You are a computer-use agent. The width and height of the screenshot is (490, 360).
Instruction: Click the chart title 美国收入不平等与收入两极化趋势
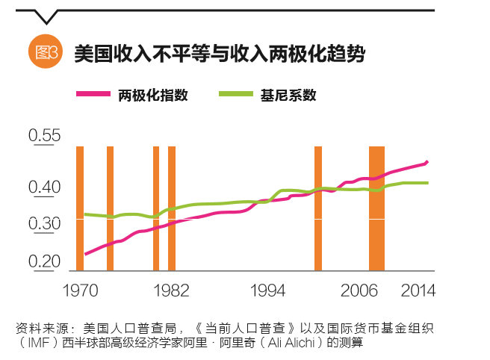tap(219, 54)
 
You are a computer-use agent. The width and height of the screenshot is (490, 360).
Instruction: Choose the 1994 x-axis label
tap(267, 290)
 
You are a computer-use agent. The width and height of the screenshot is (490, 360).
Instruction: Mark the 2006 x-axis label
tap(359, 290)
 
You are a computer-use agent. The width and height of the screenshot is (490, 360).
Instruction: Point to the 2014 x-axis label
tap(418, 290)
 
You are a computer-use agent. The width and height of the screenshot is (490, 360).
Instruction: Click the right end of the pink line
tap(427, 161)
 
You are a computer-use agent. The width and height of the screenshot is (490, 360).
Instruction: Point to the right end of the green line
tap(427, 182)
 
